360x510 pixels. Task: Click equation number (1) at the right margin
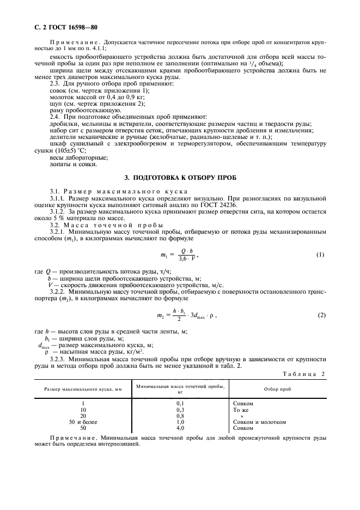pyautogui.click(x=321, y=255)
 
